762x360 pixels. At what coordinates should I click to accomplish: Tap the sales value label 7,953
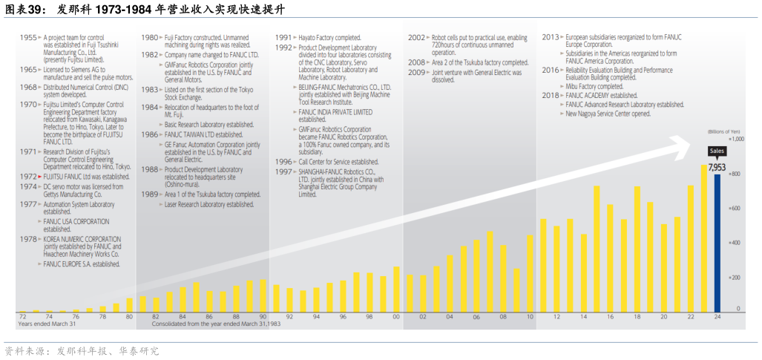click(x=716, y=168)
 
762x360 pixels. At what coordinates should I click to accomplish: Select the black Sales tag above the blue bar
click(x=717, y=151)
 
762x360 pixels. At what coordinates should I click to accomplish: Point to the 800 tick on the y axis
click(x=738, y=174)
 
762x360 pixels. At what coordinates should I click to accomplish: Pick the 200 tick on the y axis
click(x=738, y=278)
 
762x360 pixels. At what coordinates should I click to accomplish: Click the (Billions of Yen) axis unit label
click(x=725, y=130)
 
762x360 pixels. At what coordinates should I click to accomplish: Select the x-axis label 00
click(x=396, y=317)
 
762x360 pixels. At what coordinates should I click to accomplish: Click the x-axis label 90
click(x=263, y=317)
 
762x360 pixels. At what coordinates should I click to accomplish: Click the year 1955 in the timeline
click(x=28, y=36)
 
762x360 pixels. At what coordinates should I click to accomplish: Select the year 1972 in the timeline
click(x=28, y=177)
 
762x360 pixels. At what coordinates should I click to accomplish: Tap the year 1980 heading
click(x=149, y=36)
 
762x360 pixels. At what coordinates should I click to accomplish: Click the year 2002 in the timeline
click(x=416, y=36)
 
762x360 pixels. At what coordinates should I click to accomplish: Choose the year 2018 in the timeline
click(x=550, y=96)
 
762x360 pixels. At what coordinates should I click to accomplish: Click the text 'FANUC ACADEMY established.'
click(x=601, y=96)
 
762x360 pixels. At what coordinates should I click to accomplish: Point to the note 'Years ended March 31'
click(x=47, y=324)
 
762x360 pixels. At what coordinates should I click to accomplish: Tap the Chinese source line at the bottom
click(x=82, y=350)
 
